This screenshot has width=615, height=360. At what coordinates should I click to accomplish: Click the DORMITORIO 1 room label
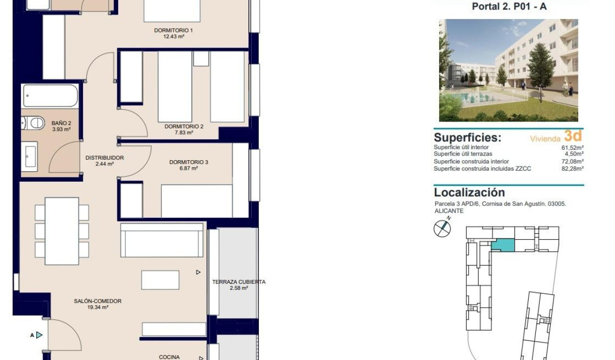[x=173, y=31]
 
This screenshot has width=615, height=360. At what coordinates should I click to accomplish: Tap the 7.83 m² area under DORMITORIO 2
[x=184, y=133]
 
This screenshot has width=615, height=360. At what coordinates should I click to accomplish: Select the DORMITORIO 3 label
[x=188, y=162]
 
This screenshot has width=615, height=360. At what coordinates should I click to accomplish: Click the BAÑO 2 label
[x=61, y=123]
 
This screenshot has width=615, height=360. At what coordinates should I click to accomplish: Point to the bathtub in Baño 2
[x=50, y=96]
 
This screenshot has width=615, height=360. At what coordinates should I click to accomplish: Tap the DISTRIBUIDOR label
[x=104, y=157]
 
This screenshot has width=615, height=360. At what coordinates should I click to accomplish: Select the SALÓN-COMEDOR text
[x=97, y=301]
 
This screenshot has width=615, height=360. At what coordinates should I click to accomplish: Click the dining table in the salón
[x=62, y=231]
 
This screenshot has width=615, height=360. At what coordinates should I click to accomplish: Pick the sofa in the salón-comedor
[x=162, y=240]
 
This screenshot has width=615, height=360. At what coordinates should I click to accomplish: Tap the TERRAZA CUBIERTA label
[x=238, y=282]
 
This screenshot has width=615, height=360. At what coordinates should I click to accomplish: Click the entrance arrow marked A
[x=38, y=335]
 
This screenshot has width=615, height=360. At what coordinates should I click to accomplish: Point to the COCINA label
[x=169, y=357]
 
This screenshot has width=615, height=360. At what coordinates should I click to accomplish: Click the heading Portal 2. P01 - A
[x=509, y=7]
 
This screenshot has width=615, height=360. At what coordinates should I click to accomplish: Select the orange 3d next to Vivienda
[x=573, y=136]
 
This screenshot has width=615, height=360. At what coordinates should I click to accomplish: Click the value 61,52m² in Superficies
[x=573, y=148]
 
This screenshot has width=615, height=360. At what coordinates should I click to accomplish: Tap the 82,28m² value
[x=573, y=168]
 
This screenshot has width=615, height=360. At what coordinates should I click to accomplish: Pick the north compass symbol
[x=442, y=228]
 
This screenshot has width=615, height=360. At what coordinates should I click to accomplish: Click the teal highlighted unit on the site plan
[x=503, y=245]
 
